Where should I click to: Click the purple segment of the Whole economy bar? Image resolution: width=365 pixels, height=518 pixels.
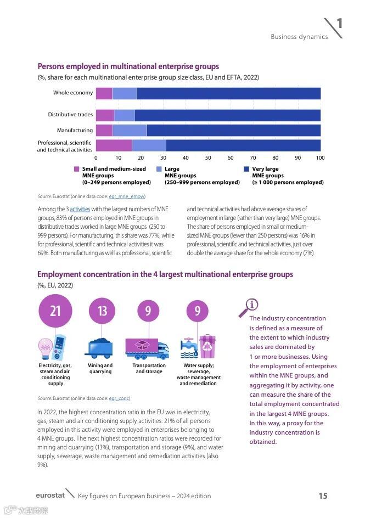click(x=104, y=93)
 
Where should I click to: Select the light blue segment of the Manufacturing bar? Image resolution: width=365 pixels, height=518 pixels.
click(x=130, y=130)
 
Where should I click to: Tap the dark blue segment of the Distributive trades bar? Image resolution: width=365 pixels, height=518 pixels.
click(x=227, y=115)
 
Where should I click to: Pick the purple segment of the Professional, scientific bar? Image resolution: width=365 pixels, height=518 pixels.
click(x=114, y=145)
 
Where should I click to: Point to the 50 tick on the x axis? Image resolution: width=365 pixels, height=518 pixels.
click(x=208, y=157)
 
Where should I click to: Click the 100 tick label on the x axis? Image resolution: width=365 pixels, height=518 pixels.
click(x=320, y=157)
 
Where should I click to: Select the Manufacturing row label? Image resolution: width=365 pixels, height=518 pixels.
click(x=75, y=131)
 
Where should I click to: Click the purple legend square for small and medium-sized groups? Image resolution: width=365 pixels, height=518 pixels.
click(x=76, y=169)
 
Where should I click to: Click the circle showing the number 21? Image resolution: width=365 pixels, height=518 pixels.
click(x=55, y=311)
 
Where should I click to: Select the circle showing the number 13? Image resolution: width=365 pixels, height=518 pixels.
click(x=102, y=311)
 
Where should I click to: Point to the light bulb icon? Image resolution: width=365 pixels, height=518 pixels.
click(x=45, y=346)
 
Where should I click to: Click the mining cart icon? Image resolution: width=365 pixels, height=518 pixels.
click(x=100, y=348)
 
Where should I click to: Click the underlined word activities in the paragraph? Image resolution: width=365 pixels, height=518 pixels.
click(x=80, y=209)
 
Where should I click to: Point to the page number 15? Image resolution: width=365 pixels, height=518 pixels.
click(x=323, y=496)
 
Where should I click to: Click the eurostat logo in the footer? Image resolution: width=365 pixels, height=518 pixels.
click(x=50, y=496)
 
